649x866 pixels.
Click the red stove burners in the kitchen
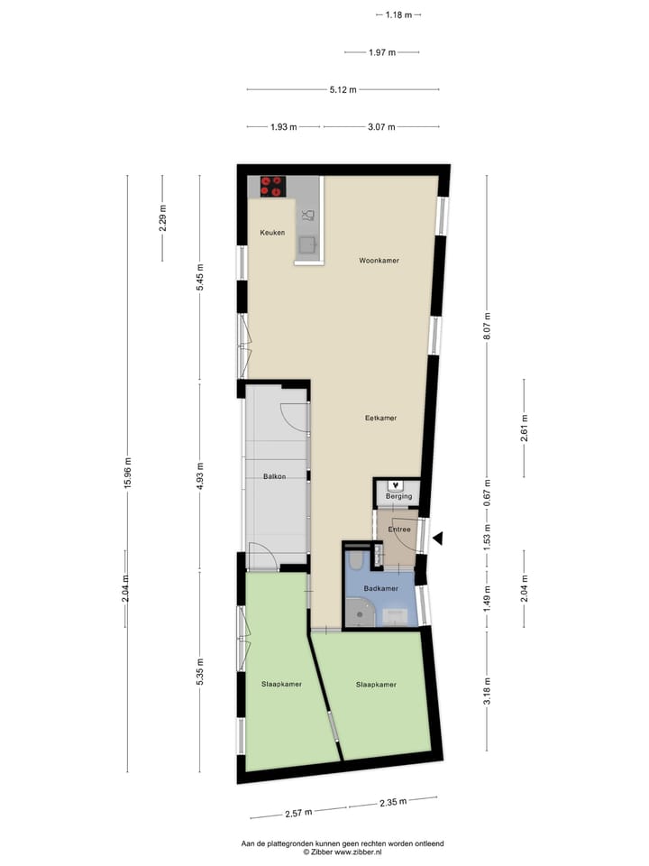coord(272,187)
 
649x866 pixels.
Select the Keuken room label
coord(272,233)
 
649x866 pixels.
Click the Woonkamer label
coord(379,260)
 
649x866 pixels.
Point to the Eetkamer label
coord(380,418)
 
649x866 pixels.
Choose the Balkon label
coord(274,476)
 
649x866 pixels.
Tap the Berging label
coord(398,496)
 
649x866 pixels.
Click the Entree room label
coord(399,530)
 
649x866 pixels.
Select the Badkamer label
coord(380,588)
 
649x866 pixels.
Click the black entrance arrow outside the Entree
coord(438,539)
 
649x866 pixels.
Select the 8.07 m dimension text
coord(487,324)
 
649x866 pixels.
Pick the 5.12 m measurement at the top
coord(343,89)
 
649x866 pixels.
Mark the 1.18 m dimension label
coord(398,14)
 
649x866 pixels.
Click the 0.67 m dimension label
coord(487,493)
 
